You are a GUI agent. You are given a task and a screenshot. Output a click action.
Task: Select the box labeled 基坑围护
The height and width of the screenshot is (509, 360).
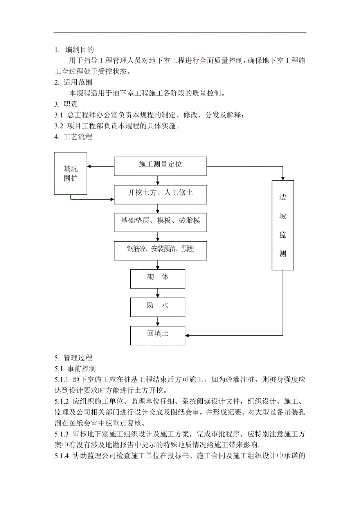(x=71, y=174)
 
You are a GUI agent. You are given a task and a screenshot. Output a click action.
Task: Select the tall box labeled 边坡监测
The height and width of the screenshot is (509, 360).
(x=283, y=225)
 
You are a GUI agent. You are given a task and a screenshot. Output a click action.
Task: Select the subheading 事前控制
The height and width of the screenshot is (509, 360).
(x=81, y=369)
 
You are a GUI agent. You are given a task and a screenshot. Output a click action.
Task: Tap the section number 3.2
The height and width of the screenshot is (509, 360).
(x=59, y=126)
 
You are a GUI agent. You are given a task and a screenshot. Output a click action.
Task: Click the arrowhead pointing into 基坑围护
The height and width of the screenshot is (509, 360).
(x=90, y=166)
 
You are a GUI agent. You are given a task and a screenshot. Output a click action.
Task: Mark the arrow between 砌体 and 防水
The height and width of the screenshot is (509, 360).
(x=158, y=293)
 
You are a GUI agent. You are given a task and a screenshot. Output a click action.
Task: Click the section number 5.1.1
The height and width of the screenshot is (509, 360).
(x=62, y=380)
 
